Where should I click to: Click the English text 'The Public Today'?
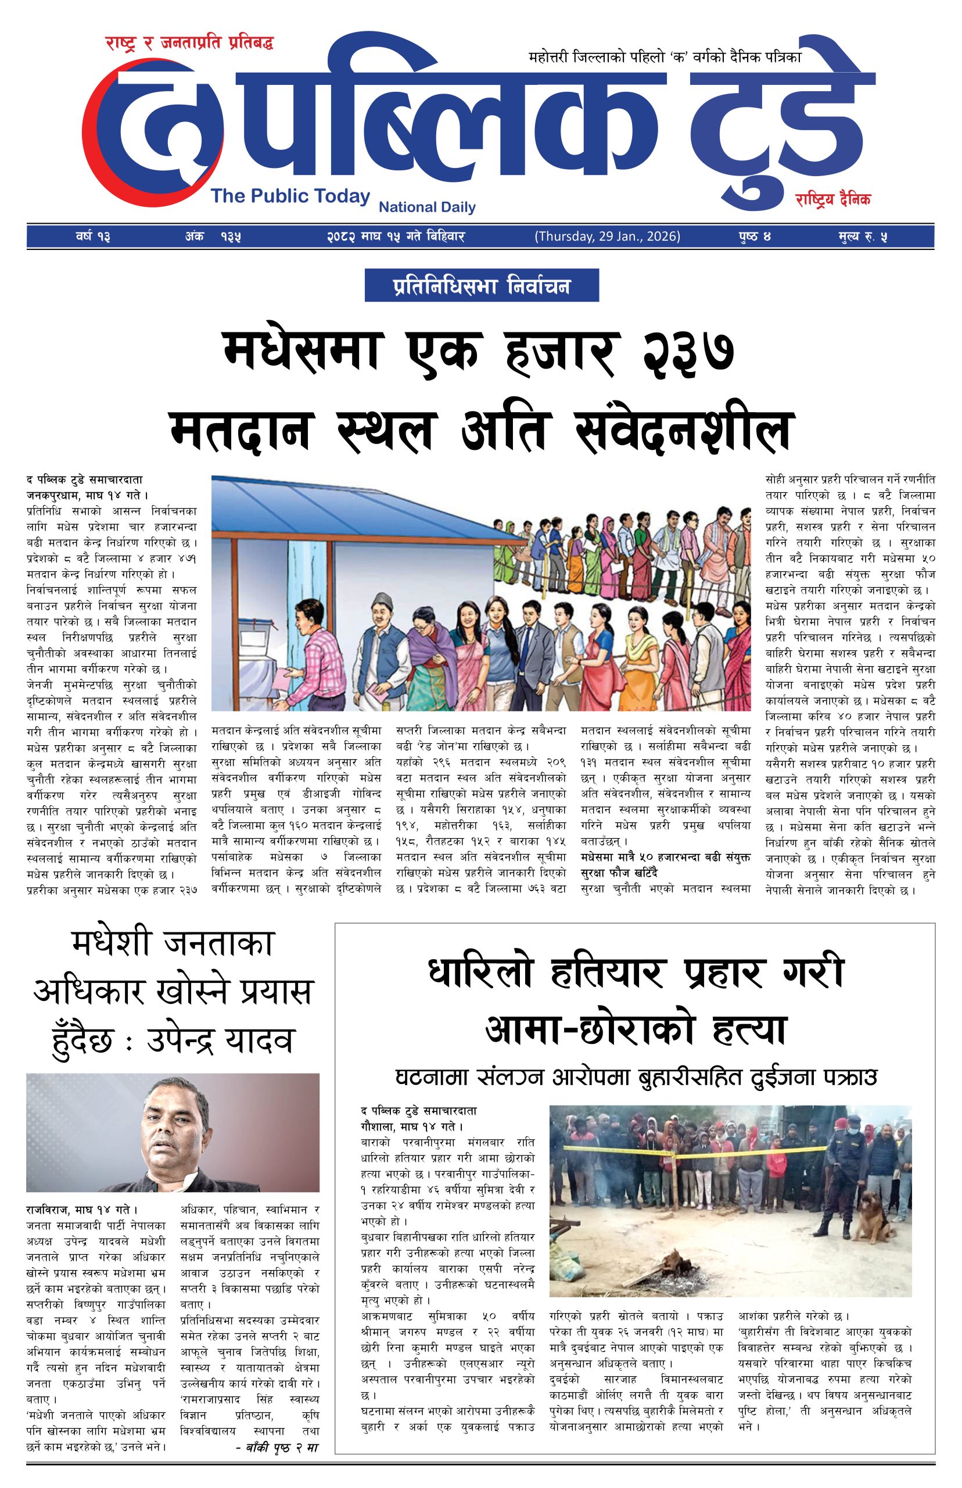click(x=290, y=196)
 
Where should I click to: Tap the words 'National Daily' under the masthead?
click(x=428, y=207)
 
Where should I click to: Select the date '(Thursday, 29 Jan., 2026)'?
click(x=607, y=237)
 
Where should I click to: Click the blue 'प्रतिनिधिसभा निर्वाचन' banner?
click(x=482, y=285)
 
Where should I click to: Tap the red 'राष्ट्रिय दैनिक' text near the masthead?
click(x=832, y=199)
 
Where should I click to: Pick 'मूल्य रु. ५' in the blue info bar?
click(x=863, y=237)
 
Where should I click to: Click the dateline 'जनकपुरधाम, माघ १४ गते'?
click(x=85, y=496)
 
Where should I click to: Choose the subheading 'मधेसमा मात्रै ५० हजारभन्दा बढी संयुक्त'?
click(x=666, y=856)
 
